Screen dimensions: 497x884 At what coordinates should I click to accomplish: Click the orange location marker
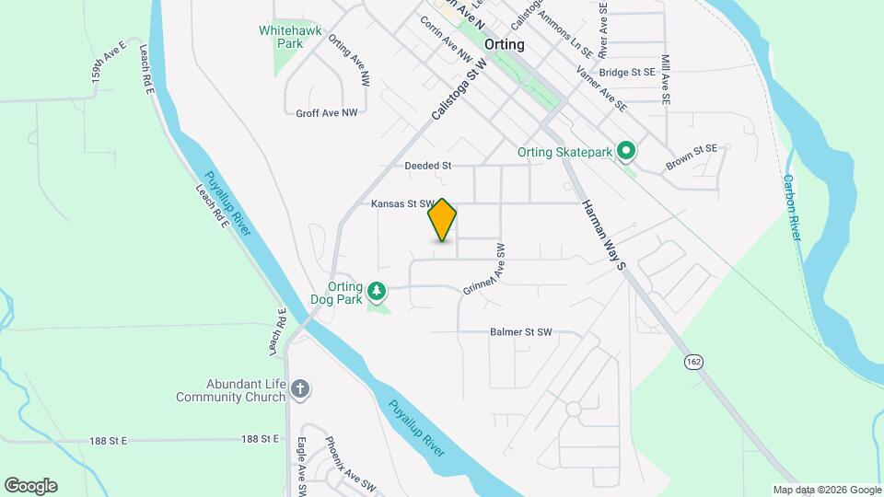(443, 219)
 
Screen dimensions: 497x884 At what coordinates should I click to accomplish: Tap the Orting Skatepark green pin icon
(627, 150)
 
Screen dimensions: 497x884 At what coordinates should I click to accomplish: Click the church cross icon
(299, 389)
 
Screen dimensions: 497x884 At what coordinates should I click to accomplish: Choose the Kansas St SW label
(401, 203)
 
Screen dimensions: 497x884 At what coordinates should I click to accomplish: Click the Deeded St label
(427, 166)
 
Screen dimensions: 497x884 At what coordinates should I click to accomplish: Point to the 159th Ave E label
(108, 66)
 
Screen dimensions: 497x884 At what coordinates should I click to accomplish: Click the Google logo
(30, 486)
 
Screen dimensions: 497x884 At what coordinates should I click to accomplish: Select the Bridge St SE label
(626, 72)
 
